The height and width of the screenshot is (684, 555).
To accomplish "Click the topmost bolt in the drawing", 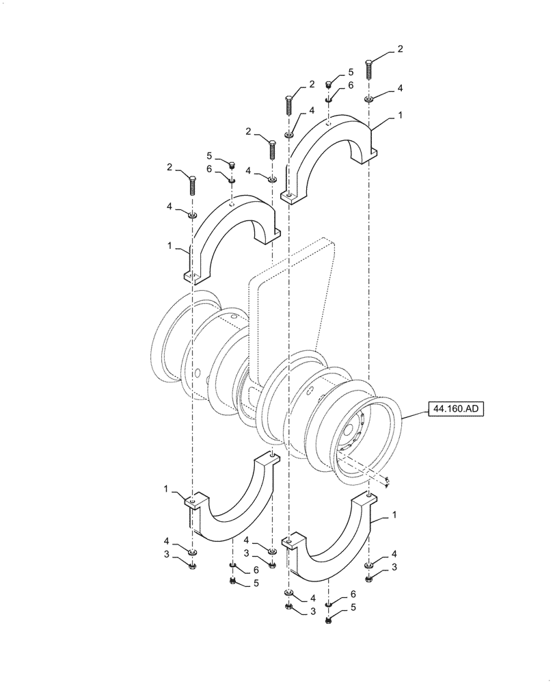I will point(370,68).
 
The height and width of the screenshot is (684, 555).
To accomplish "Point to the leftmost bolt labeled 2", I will point(193,185).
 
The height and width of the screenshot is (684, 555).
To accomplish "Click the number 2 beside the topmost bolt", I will point(400,49).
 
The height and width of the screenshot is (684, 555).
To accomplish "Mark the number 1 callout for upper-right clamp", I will point(400,116).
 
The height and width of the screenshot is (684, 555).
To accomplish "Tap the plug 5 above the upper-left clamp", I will point(232,165).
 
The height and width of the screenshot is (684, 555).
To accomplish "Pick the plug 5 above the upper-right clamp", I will point(328,84).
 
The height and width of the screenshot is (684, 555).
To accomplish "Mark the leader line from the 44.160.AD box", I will point(414,414).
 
